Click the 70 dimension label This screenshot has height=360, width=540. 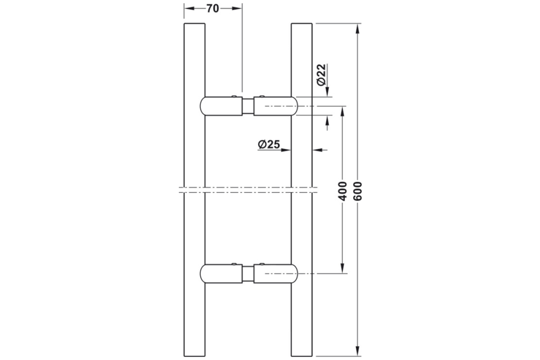click(x=213, y=9)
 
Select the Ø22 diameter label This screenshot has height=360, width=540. click(x=320, y=74)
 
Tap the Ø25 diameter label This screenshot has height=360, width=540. click(x=268, y=144)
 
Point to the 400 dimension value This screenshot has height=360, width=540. click(x=341, y=190)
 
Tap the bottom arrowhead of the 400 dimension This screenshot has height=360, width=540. click(x=341, y=269)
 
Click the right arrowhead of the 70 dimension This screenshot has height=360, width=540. click(x=238, y=9)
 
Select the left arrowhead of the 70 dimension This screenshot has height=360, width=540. click(x=188, y=9)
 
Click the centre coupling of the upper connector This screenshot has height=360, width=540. click(x=247, y=106)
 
